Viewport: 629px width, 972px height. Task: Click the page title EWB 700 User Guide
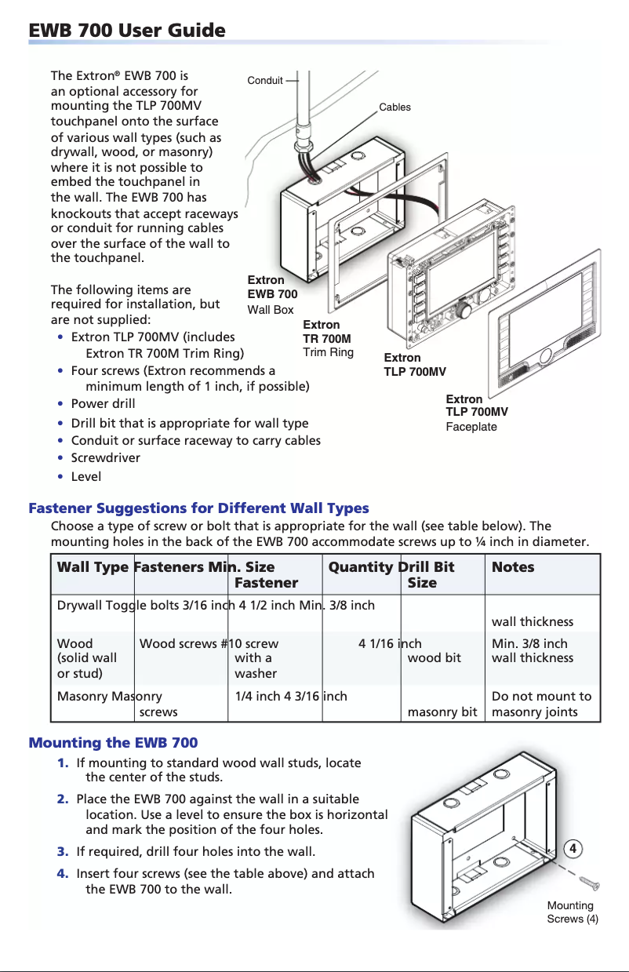click(127, 31)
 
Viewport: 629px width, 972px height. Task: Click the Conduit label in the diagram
click(264, 80)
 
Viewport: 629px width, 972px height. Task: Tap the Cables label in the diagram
click(394, 107)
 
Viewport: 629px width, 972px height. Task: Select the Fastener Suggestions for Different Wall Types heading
click(198, 508)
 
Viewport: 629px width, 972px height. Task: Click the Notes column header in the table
click(512, 567)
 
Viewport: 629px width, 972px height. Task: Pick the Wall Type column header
click(93, 567)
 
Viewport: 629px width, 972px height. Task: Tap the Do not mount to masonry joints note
click(541, 704)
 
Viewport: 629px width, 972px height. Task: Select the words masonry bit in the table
click(442, 712)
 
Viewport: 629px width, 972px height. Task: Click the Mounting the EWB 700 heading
click(113, 742)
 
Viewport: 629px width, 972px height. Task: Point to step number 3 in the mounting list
click(62, 851)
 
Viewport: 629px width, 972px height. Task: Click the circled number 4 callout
click(573, 849)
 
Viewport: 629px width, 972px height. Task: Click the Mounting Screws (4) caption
click(572, 912)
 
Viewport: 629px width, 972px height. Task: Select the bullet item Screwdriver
click(106, 457)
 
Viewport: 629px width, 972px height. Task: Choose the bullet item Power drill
click(103, 403)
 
